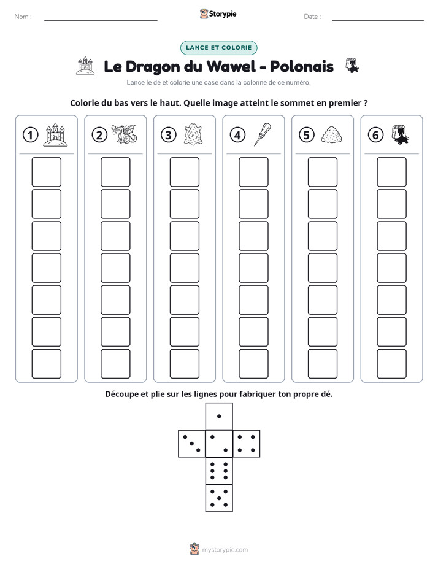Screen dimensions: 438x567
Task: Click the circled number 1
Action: [x=30, y=135]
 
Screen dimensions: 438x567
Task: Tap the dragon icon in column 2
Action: [x=124, y=134]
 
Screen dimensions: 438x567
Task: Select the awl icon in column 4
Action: [x=263, y=134]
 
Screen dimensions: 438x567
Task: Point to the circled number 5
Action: [x=307, y=135]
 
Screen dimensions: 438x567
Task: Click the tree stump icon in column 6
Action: [x=400, y=134]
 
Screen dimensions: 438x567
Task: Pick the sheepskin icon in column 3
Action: [x=193, y=134]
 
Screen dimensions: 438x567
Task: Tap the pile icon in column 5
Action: [x=331, y=134]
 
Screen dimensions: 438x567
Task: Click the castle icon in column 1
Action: [x=55, y=134]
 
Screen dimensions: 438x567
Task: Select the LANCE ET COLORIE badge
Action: [x=218, y=48]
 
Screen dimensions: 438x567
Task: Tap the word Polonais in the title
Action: [x=302, y=66]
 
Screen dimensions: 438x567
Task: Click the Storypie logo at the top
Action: [x=218, y=13]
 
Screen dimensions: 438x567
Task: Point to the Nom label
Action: [x=23, y=17]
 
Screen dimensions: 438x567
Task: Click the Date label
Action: [x=312, y=17]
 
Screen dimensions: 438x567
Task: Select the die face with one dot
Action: [x=219, y=416]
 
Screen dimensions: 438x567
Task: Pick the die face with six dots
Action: [x=219, y=471]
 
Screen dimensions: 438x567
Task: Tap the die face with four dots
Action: [x=247, y=444]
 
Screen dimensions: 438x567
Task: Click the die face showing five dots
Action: [x=219, y=498]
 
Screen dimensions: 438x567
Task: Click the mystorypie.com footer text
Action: [x=225, y=550]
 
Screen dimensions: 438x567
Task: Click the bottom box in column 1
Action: [x=46, y=364]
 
